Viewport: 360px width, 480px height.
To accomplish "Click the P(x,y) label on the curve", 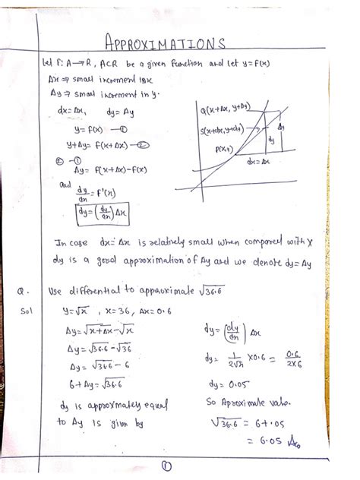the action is point(226,150).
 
